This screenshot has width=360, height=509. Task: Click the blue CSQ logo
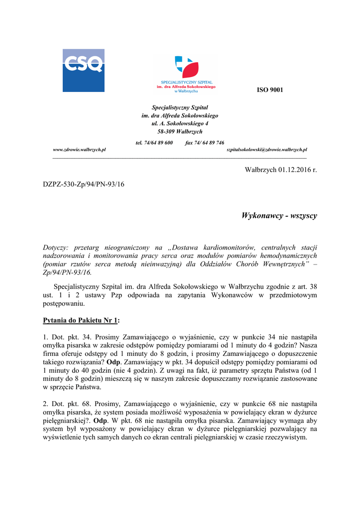83,70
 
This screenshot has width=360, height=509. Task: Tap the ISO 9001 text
270,89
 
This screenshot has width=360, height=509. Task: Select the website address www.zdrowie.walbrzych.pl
80,150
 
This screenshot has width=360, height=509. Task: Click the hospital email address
267,150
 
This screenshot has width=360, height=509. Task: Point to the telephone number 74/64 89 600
154,143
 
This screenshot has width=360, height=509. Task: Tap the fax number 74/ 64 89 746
204,143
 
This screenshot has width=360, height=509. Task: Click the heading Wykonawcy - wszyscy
279,216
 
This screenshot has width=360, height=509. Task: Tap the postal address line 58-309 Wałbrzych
180,132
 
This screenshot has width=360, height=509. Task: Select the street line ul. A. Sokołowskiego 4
180,123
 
